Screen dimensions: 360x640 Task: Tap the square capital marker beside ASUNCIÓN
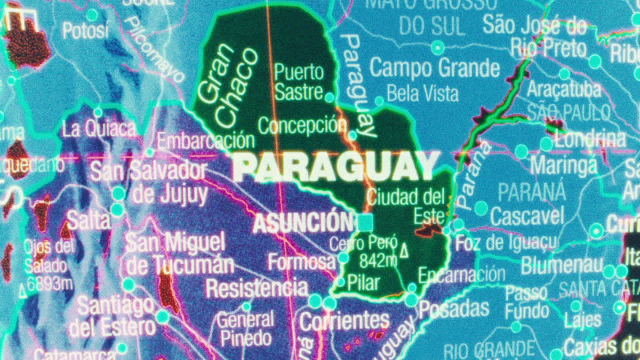[x=365, y=222]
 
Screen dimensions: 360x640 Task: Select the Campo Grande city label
[x=434, y=68]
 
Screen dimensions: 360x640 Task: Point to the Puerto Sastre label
[x=299, y=81]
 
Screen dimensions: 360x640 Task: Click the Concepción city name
[x=302, y=125]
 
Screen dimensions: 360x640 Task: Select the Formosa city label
[x=301, y=261]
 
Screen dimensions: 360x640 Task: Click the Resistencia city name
[x=257, y=288]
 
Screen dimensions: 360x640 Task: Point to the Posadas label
[x=453, y=309]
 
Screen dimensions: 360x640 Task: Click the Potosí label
[x=85, y=31]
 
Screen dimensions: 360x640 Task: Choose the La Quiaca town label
[x=98, y=129]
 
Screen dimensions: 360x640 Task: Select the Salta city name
[x=88, y=220]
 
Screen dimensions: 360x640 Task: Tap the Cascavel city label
[x=526, y=216]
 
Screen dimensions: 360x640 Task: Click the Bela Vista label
[x=422, y=93]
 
